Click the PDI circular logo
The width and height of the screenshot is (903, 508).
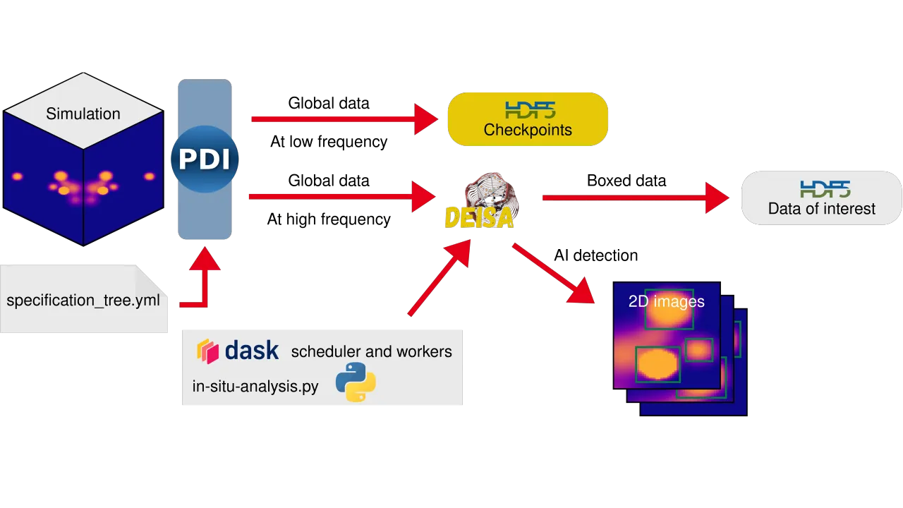[x=205, y=159]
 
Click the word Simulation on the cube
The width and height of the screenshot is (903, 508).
[x=83, y=114]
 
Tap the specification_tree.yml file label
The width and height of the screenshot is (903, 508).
[x=83, y=301]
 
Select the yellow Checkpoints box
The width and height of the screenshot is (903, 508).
[x=528, y=119]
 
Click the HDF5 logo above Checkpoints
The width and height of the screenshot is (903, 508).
[x=530, y=109]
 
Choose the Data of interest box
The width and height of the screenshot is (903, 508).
[x=821, y=198]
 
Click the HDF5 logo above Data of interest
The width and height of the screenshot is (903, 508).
[x=825, y=188]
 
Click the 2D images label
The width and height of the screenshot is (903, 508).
[x=666, y=301]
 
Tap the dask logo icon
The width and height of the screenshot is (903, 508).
[x=207, y=351]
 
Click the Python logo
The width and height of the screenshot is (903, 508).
[x=356, y=382]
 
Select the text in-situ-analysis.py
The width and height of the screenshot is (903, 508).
[x=255, y=386]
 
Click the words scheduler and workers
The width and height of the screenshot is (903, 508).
[x=371, y=351]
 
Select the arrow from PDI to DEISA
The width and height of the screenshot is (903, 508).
[x=339, y=198]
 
